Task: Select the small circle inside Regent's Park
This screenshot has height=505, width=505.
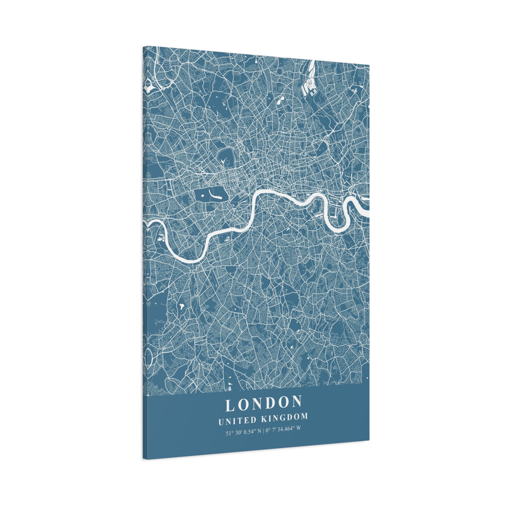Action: (227, 163)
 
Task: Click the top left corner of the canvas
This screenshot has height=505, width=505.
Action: (143, 47)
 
